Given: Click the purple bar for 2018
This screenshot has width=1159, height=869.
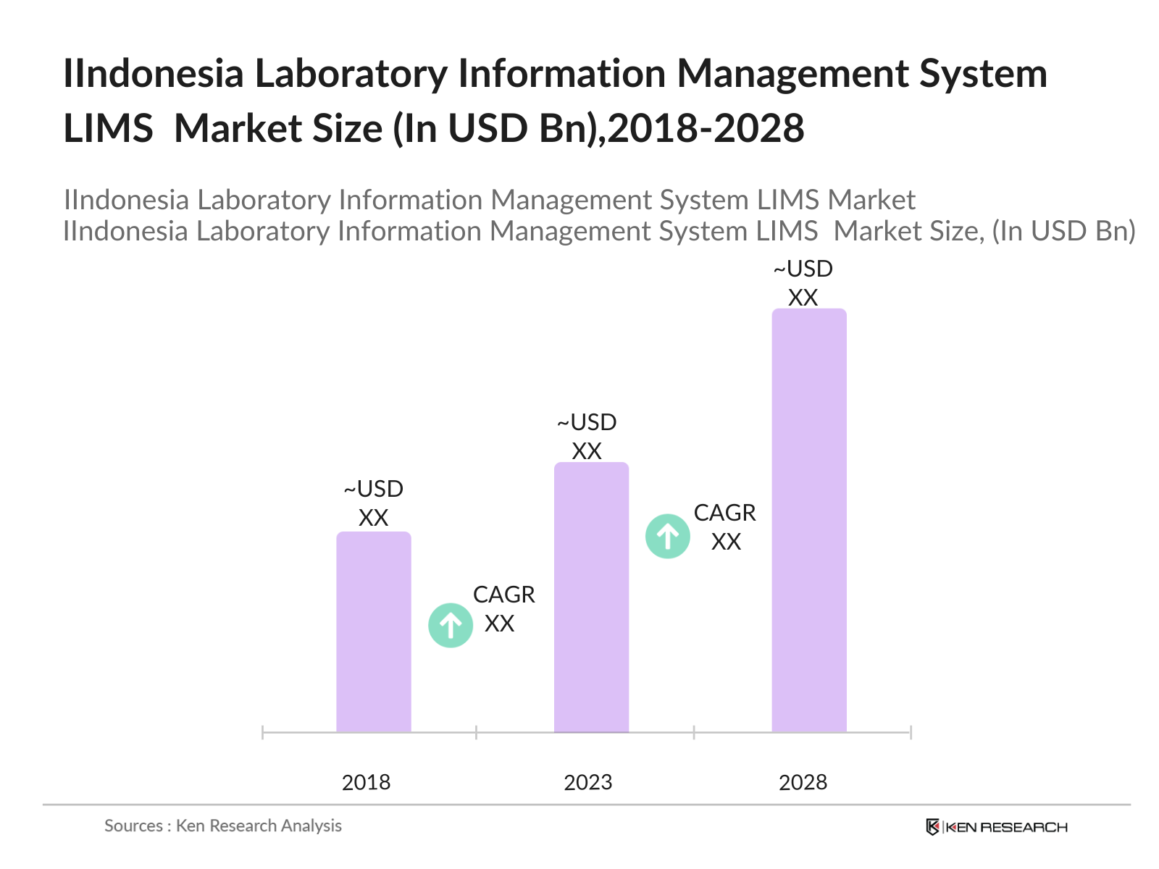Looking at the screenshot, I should pos(373,631).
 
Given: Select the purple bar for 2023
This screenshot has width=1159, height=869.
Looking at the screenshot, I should pos(591,597).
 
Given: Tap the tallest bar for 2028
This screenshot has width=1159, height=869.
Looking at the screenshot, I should pos(808,520).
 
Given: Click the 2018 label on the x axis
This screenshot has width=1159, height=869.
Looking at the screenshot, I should pos(366,782).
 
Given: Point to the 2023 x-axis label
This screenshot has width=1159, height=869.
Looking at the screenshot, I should pos(587,782).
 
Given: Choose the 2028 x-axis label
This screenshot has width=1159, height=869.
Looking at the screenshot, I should pos(803,782).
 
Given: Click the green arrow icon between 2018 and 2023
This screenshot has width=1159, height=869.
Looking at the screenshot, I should pos(451,625).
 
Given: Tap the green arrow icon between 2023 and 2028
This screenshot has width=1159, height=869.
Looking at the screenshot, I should pos(667,536).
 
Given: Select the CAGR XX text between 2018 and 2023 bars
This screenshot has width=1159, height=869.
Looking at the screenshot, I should pos(503,609).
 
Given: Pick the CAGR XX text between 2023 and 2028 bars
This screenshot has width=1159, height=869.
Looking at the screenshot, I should pos(724,527).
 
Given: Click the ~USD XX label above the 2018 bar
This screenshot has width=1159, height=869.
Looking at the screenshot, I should pos(373,503).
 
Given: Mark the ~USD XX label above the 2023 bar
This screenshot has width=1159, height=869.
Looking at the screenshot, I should pos(587,437).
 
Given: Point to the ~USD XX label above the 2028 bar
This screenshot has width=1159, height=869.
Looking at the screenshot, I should pos(803,283).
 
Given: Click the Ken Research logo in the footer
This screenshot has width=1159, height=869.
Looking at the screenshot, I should pos(997,827).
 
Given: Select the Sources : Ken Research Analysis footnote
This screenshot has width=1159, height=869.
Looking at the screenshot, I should pos(222,826).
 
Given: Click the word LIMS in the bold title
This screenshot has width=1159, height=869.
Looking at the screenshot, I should pos(108,129).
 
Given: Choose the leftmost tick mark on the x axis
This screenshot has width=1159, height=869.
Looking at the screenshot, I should pos(262,732).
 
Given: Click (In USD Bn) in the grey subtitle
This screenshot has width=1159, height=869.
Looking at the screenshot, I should pos(1063,231).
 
